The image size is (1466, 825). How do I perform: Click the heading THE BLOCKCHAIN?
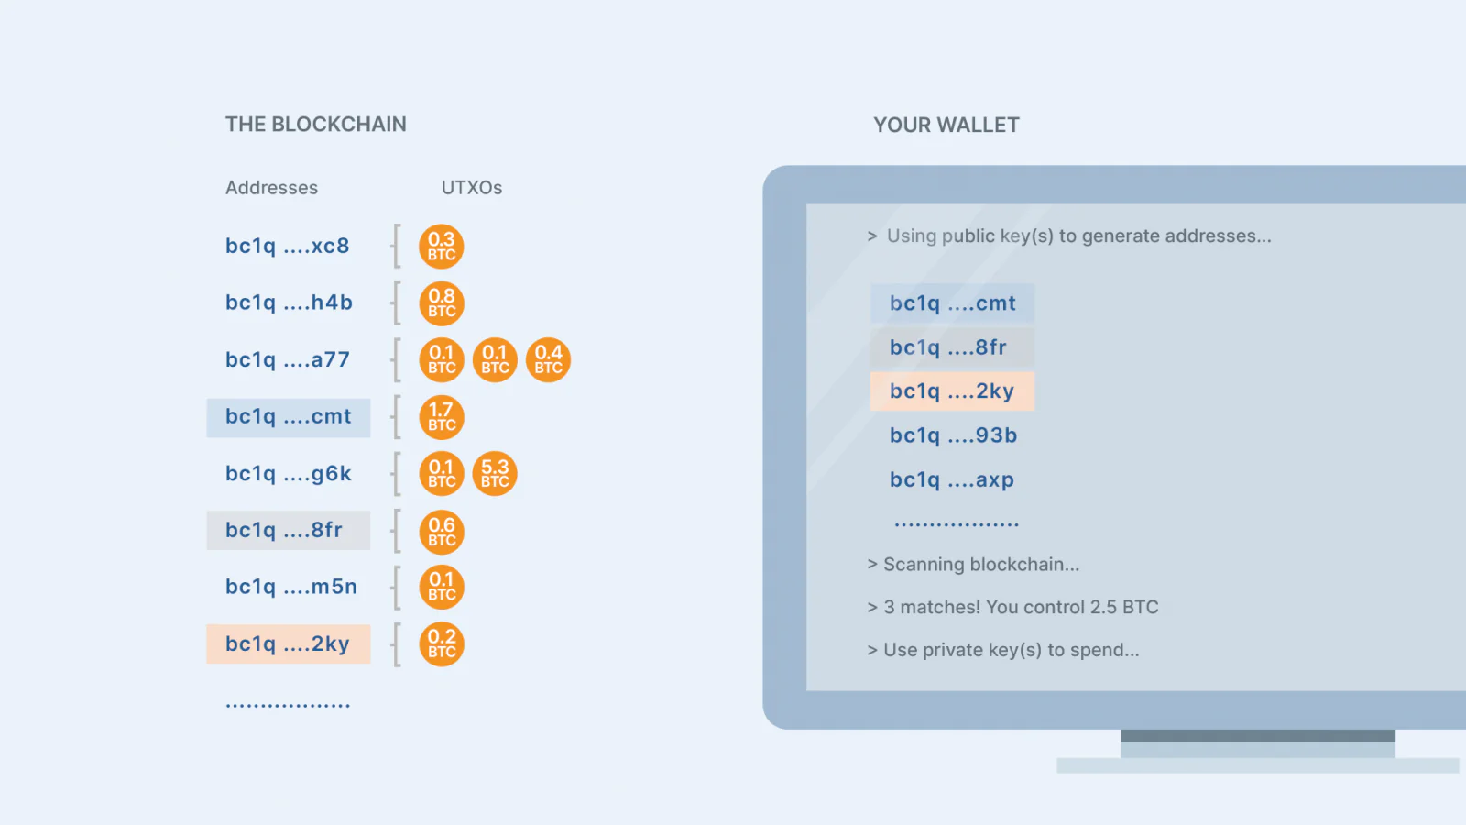pos(315,125)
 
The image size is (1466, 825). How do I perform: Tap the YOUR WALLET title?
pos(946,125)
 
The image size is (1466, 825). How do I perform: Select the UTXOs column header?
pos(472,188)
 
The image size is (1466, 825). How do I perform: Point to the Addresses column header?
pos(271,188)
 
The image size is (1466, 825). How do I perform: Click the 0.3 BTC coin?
pos(442,247)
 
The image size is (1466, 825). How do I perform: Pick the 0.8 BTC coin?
pos(442,303)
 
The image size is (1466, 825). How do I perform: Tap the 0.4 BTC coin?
pos(549,360)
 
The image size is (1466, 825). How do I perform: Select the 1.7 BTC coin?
pos(442,417)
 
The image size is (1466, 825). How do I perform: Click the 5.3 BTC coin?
pos(495,473)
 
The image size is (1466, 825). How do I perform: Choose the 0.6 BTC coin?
pos(442,531)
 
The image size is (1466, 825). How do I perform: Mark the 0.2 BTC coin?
pos(442,643)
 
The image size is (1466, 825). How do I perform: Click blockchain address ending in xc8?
pos(288,247)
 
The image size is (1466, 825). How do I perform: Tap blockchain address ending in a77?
pos(288,359)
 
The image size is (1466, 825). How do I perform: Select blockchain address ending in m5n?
pos(291,587)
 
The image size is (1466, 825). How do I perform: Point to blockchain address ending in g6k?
pos(289,473)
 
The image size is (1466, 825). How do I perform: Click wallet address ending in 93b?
pos(954,435)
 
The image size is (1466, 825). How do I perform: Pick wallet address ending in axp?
pos(952,480)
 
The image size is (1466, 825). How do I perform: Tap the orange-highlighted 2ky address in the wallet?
pos(952,390)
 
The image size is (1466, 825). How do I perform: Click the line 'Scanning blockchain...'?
pos(973,565)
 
